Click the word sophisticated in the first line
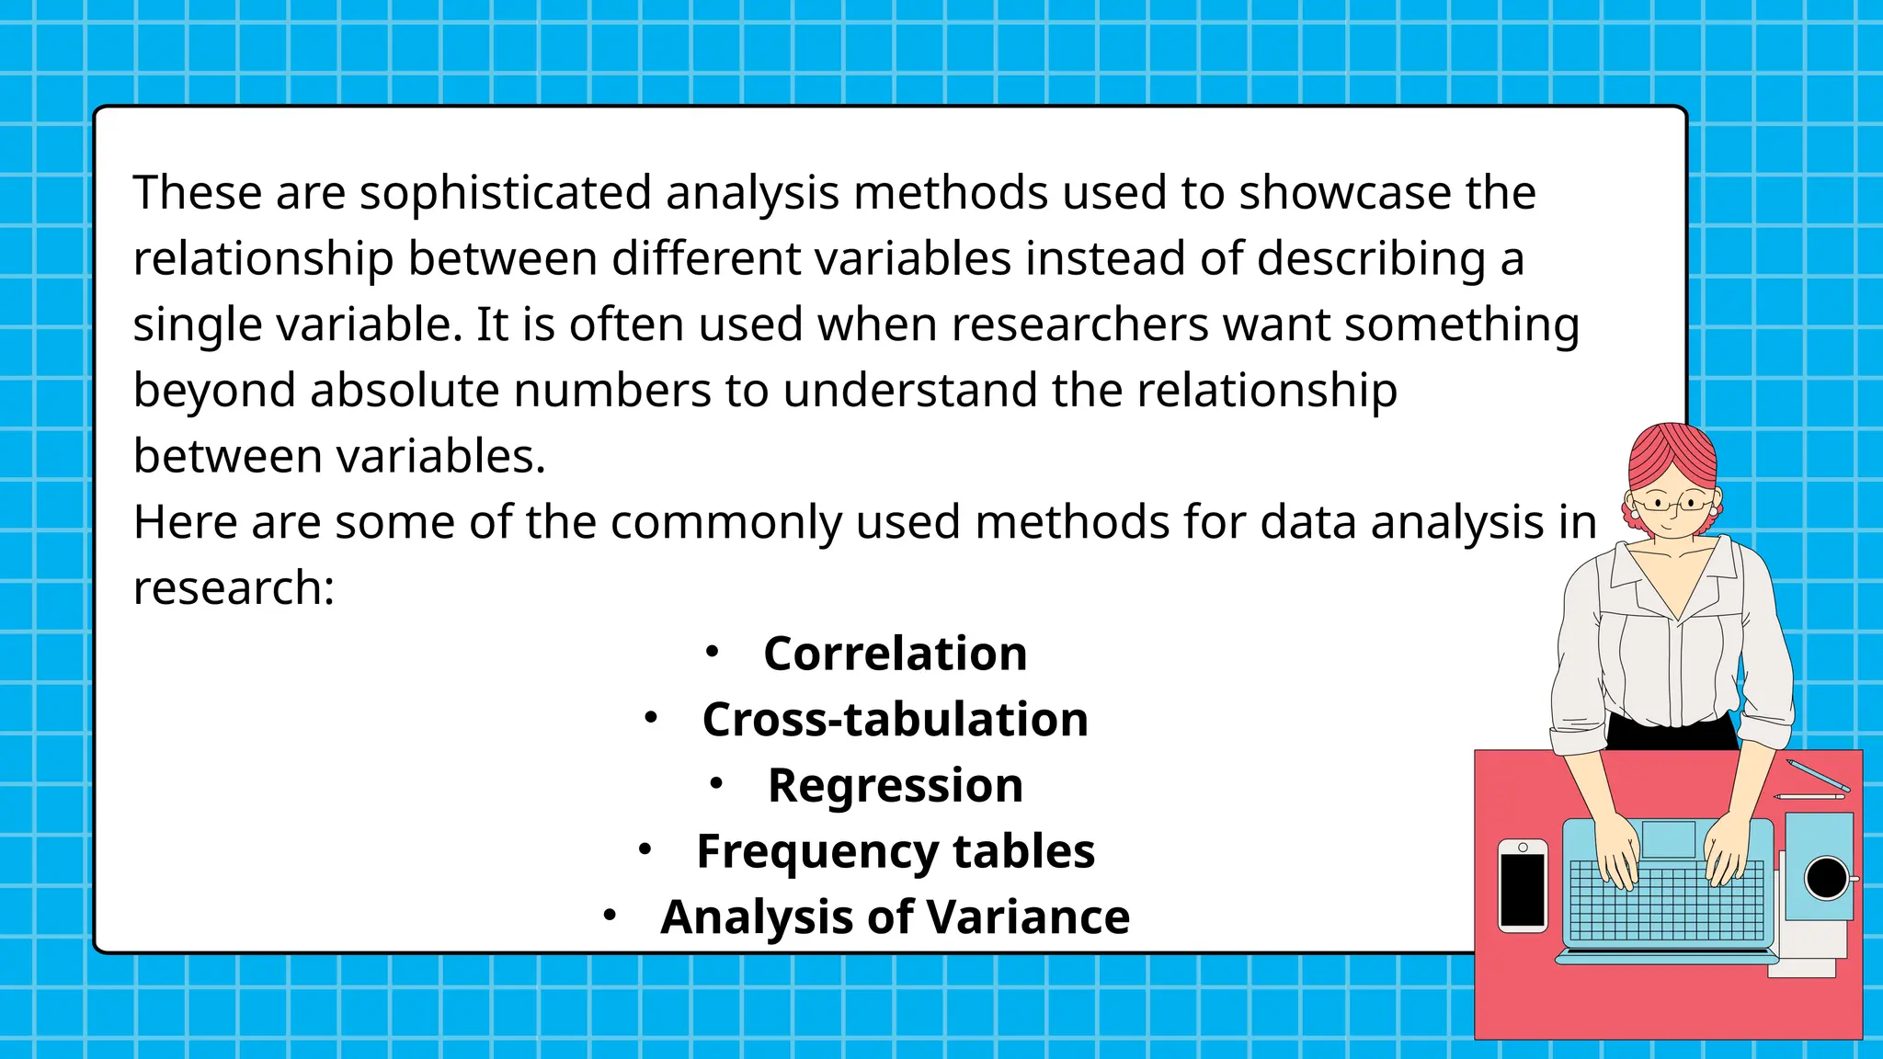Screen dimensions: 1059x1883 [506, 194]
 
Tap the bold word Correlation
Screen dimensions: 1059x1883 [895, 654]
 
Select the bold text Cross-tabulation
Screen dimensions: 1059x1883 [895, 719]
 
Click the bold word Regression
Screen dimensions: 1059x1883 [895, 785]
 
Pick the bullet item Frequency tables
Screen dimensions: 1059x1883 [895, 851]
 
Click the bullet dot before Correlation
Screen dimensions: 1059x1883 [712, 652]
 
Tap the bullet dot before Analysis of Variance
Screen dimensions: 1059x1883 [609, 915]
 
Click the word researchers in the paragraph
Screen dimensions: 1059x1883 [1079, 325]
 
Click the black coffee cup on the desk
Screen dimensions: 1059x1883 [1826, 878]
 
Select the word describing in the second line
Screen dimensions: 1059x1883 [1370, 259]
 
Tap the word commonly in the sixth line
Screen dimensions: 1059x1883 [725, 522]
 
